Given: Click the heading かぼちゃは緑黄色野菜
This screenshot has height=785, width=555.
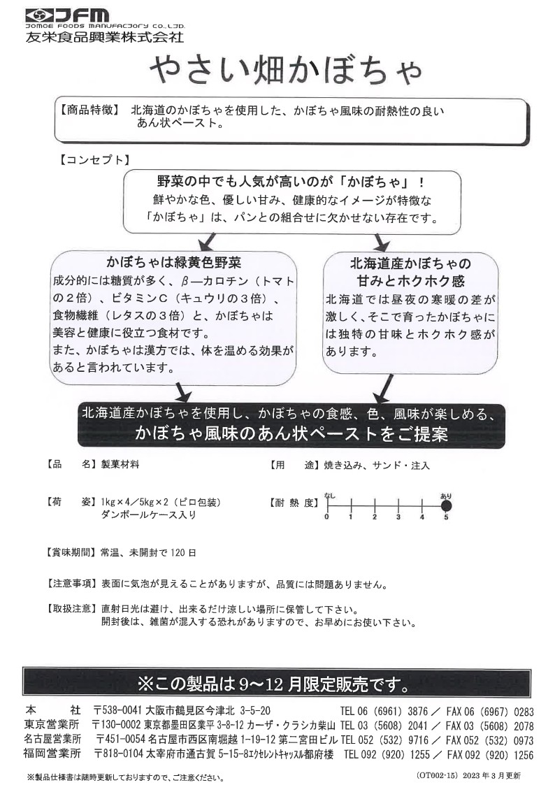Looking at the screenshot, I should [x=173, y=264].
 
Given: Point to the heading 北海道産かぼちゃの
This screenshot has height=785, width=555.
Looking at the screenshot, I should [x=410, y=264].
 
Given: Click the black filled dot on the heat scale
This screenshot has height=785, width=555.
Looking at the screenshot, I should [x=446, y=504].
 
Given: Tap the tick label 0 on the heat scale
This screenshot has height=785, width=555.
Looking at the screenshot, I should [x=326, y=517].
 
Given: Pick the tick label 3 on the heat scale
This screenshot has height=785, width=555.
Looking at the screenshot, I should [x=398, y=517].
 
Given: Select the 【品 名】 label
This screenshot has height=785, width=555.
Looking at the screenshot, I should [x=69, y=464].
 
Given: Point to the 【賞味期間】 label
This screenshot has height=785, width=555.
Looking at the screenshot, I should [x=69, y=552].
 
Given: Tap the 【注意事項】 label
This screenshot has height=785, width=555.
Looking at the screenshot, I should [x=69, y=584].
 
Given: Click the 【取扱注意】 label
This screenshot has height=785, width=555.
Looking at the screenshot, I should [x=69, y=609].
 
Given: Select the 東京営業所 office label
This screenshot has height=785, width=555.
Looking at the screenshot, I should [x=52, y=726].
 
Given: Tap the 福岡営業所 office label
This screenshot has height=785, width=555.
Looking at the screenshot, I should [x=52, y=754].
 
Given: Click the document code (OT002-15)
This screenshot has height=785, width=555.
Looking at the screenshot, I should [x=438, y=775].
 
